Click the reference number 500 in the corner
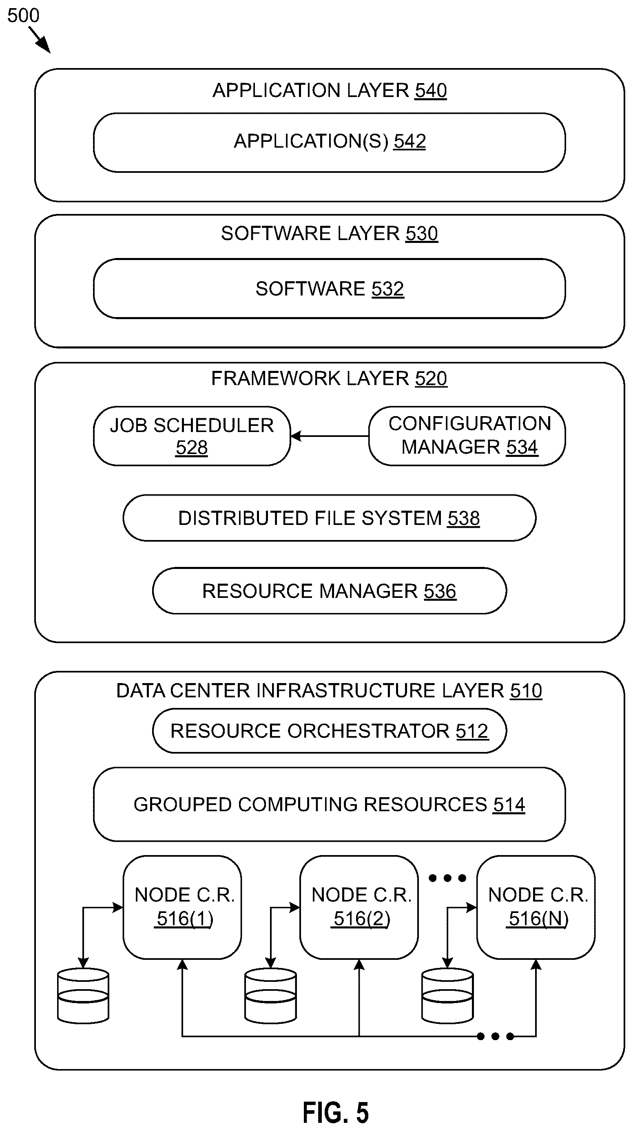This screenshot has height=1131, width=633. [x=23, y=16]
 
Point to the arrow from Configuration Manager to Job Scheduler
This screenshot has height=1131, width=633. [x=330, y=436]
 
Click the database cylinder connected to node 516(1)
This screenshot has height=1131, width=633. [x=83, y=996]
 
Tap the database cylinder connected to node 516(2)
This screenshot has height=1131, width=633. [x=270, y=996]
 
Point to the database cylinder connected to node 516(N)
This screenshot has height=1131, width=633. [x=447, y=996]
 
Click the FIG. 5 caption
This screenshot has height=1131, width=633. [x=336, y=1112]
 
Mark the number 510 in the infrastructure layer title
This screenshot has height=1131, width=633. [x=526, y=691]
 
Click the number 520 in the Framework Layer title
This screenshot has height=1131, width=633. [x=431, y=379]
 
